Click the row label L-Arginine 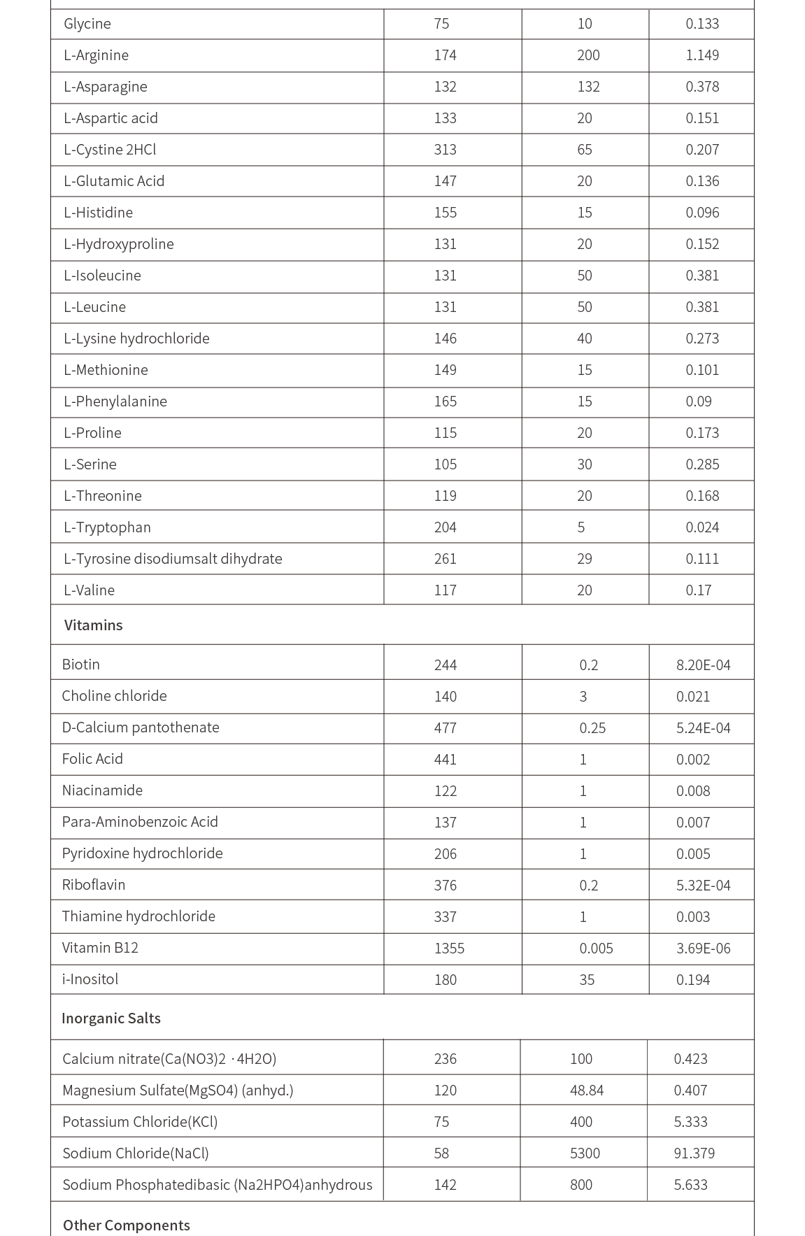click(96, 55)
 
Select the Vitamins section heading click(93, 625)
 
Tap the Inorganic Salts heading click(111, 1018)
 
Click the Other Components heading click(126, 1226)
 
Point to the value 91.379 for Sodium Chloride click(694, 1153)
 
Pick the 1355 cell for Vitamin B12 click(449, 949)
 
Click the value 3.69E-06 click(703, 949)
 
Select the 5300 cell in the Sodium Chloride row click(585, 1153)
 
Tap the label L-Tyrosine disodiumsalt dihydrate click(173, 559)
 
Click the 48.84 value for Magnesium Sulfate click(586, 1091)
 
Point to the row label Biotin click(80, 665)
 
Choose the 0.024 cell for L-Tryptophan click(702, 527)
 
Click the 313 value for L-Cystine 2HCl click(445, 150)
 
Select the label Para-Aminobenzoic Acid click(140, 822)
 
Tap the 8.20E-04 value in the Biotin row click(703, 665)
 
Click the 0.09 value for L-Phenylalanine click(698, 402)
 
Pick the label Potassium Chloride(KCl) click(140, 1122)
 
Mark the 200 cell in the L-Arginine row click(587, 55)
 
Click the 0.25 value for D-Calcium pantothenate click(592, 728)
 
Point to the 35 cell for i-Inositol click(586, 980)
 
